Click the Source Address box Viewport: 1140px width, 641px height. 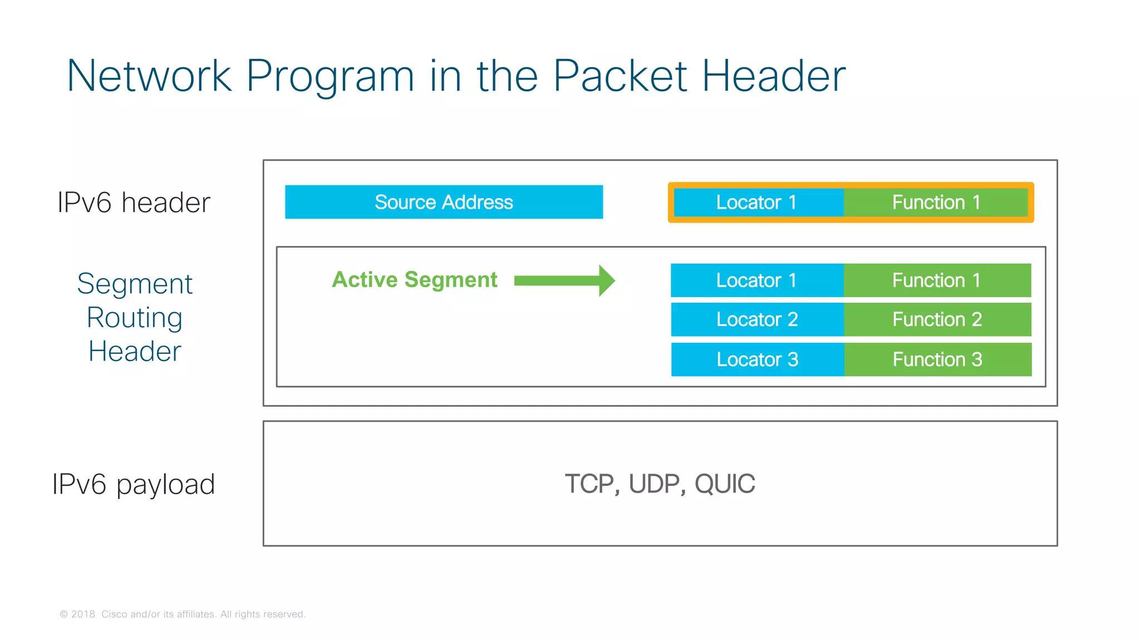click(x=444, y=202)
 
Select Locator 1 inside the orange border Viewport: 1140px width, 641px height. click(x=757, y=203)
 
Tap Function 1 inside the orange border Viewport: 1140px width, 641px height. click(x=936, y=203)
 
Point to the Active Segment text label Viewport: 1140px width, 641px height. click(x=414, y=280)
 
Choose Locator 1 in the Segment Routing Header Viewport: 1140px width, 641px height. click(x=757, y=280)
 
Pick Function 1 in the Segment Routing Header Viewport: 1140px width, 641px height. click(x=937, y=280)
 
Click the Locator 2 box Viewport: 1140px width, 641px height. click(x=757, y=319)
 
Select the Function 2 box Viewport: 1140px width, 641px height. click(x=937, y=319)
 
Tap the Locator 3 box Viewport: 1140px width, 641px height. click(x=757, y=359)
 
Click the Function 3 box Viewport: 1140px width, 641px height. click(x=937, y=359)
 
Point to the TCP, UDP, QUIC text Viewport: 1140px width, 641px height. click(x=660, y=484)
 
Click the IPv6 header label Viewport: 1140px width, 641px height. click(x=134, y=203)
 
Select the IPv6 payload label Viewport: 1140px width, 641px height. click(x=134, y=484)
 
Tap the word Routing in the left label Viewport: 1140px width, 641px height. click(x=135, y=318)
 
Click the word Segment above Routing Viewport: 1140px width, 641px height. click(x=135, y=284)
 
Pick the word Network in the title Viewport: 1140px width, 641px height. click(x=149, y=76)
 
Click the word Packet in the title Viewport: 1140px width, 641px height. click(x=620, y=76)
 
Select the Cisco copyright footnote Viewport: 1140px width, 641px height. click(x=183, y=614)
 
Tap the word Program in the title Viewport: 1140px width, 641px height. click(x=330, y=77)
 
